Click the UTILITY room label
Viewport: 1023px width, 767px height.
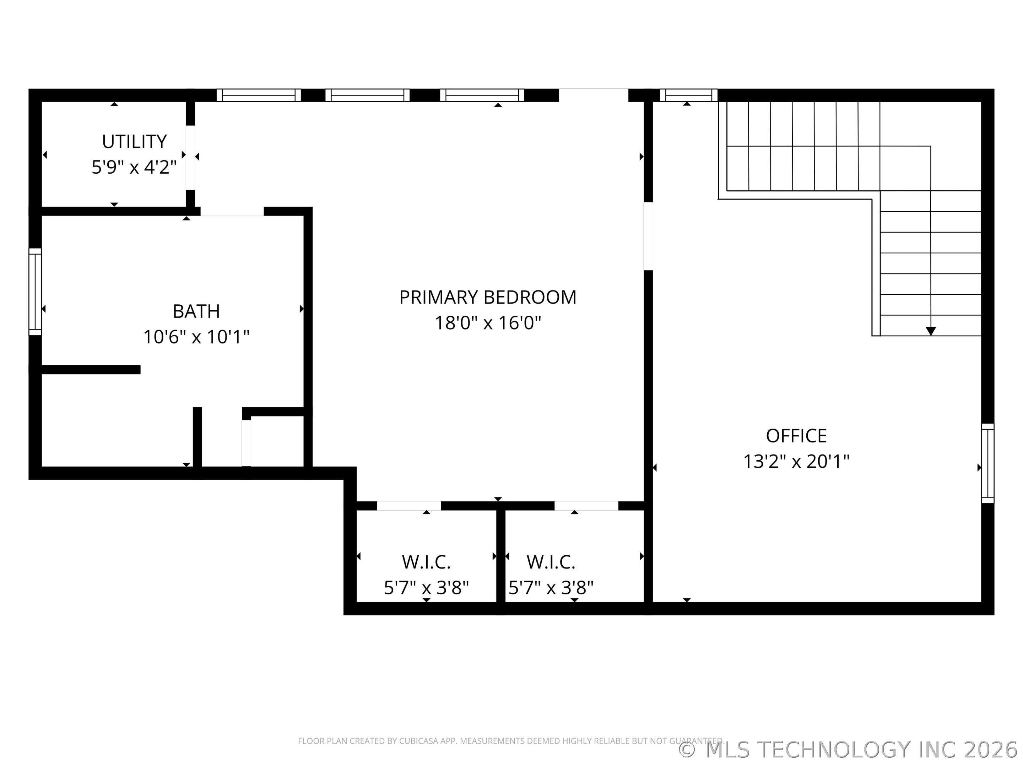pyautogui.click(x=134, y=141)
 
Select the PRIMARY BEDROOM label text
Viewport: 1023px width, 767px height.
pyautogui.click(x=487, y=297)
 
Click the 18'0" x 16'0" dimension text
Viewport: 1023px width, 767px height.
pyautogui.click(x=487, y=323)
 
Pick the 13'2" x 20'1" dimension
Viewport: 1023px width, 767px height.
pyautogui.click(x=796, y=461)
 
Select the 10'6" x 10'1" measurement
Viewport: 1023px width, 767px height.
pyautogui.click(x=196, y=337)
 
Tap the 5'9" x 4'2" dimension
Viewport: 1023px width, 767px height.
pyautogui.click(x=134, y=167)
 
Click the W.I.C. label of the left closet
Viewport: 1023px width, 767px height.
pyautogui.click(x=426, y=562)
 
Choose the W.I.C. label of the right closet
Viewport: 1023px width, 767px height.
pyautogui.click(x=551, y=562)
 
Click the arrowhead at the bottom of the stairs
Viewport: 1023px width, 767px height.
pyautogui.click(x=931, y=331)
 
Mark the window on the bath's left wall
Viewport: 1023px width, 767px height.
pyautogui.click(x=35, y=292)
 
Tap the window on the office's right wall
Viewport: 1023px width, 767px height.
pyautogui.click(x=987, y=463)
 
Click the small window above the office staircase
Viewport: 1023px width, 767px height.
pyautogui.click(x=688, y=95)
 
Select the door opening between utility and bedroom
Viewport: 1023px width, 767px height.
pyautogui.click(x=190, y=157)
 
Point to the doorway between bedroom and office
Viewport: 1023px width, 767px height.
pyautogui.click(x=648, y=236)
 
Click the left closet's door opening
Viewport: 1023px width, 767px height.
pyautogui.click(x=409, y=506)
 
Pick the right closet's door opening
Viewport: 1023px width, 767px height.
pyautogui.click(x=586, y=506)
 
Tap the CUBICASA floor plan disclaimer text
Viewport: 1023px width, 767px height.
pyautogui.click(x=510, y=741)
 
